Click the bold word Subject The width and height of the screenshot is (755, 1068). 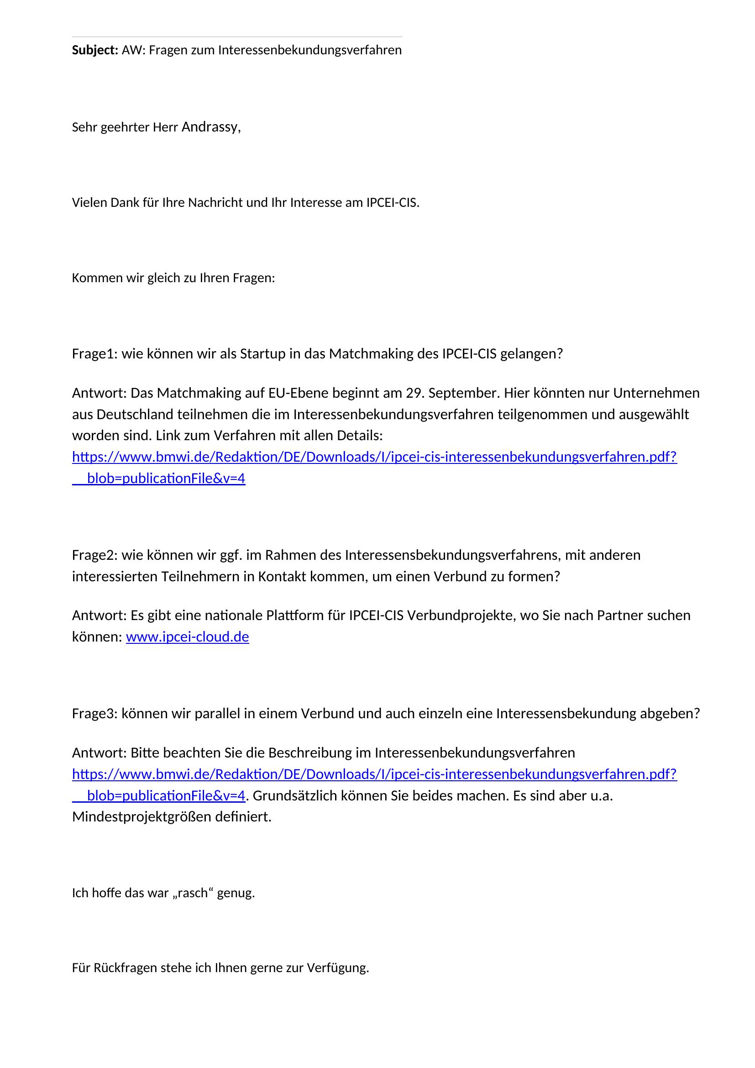pyautogui.click(x=95, y=50)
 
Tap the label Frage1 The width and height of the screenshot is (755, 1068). pyautogui.click(x=95, y=354)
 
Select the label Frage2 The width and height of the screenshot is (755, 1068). pyautogui.click(x=95, y=555)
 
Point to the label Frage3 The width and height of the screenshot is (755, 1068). pyautogui.click(x=95, y=713)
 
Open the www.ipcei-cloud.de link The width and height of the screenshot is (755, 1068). pyautogui.click(x=187, y=637)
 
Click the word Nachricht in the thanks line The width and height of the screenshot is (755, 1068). pyautogui.click(x=216, y=203)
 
